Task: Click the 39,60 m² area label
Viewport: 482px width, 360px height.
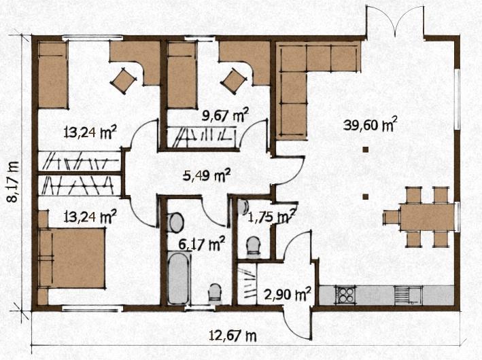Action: tap(370, 124)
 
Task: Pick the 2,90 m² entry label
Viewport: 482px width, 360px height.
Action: tap(288, 294)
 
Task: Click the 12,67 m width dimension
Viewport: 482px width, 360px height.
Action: tap(233, 336)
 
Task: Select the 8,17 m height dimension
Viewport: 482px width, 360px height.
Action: tap(13, 181)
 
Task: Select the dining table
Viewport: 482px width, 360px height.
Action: tap(428, 217)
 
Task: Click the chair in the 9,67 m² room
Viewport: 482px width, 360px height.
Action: tap(234, 80)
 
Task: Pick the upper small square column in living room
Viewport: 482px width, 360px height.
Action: tap(366, 149)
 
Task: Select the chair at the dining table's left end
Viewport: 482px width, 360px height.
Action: tap(391, 217)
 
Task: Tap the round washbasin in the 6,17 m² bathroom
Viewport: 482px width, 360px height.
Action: tap(176, 222)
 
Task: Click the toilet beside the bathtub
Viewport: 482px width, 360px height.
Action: tap(215, 292)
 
